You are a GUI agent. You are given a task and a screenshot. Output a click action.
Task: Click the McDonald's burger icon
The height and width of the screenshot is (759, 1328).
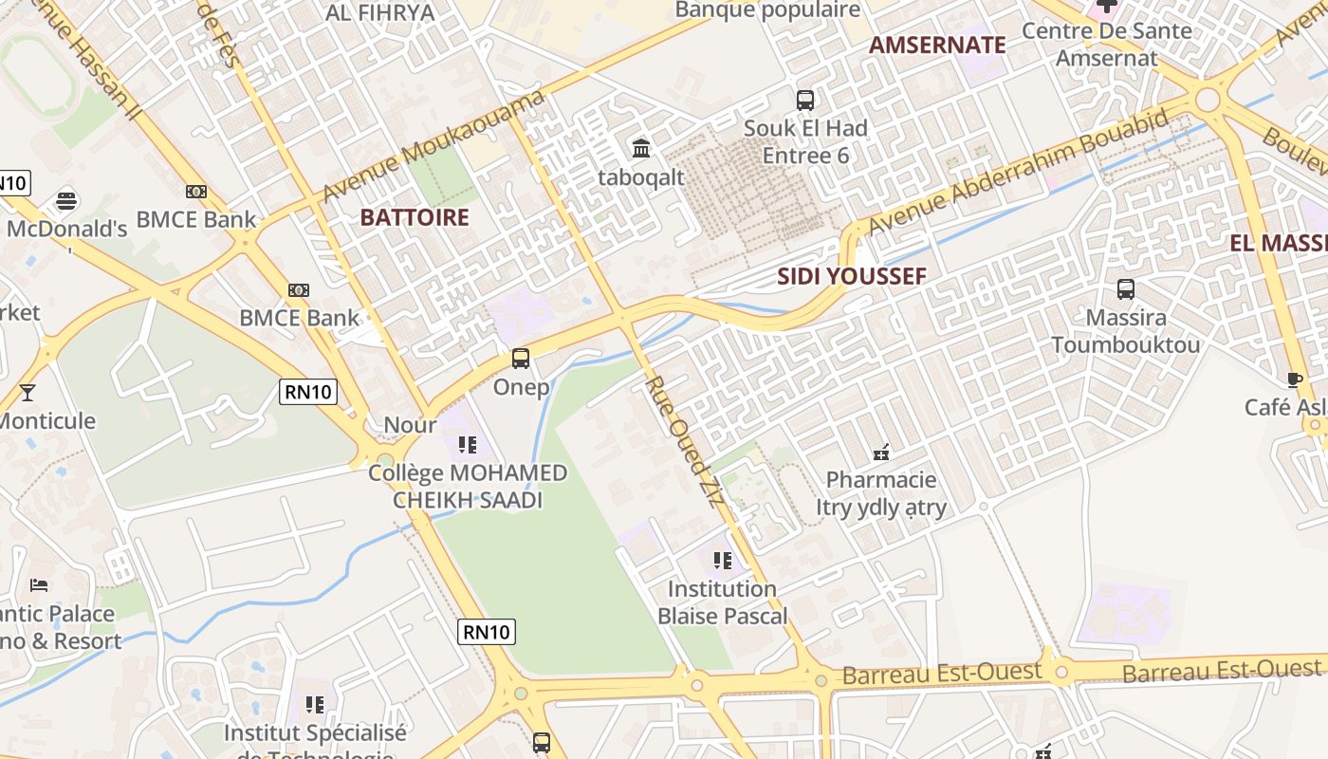[x=66, y=201]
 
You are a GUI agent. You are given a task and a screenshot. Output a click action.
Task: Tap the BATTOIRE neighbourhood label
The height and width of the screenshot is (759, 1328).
[x=415, y=217]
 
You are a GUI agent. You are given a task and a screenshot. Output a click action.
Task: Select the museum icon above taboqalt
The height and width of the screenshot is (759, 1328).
[x=641, y=148]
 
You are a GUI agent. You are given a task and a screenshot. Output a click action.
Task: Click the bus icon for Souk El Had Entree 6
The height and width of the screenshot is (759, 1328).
[x=805, y=100]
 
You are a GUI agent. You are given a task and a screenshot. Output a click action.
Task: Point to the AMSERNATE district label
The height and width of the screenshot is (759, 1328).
[x=937, y=45]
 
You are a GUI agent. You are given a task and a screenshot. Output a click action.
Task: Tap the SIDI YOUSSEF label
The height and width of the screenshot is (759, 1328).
[x=852, y=277]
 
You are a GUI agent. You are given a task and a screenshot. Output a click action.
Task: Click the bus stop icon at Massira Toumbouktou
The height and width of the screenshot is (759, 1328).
[x=1126, y=289]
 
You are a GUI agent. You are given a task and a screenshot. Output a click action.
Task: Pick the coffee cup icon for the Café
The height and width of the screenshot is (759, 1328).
[x=1295, y=379]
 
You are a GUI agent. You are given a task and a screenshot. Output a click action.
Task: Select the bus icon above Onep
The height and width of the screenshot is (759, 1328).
[x=521, y=359]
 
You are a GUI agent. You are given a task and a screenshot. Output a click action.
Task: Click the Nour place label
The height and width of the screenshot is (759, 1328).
[x=410, y=425]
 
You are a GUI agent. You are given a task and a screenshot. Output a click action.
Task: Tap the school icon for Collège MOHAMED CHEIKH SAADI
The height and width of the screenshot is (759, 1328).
[x=467, y=444]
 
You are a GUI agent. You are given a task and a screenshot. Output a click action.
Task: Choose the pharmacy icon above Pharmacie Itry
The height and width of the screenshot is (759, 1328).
[x=881, y=452]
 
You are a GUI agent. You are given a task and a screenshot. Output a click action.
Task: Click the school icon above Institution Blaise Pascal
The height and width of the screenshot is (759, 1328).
[x=723, y=561]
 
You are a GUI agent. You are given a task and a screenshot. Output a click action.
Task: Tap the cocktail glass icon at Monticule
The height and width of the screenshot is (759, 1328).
[x=28, y=392]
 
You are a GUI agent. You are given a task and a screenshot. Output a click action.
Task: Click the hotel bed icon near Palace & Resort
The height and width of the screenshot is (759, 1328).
[x=39, y=584]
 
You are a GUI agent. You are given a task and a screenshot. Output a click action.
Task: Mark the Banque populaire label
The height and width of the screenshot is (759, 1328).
[x=768, y=10]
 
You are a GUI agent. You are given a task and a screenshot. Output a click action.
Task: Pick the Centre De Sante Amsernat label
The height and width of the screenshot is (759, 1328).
[x=1107, y=44]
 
